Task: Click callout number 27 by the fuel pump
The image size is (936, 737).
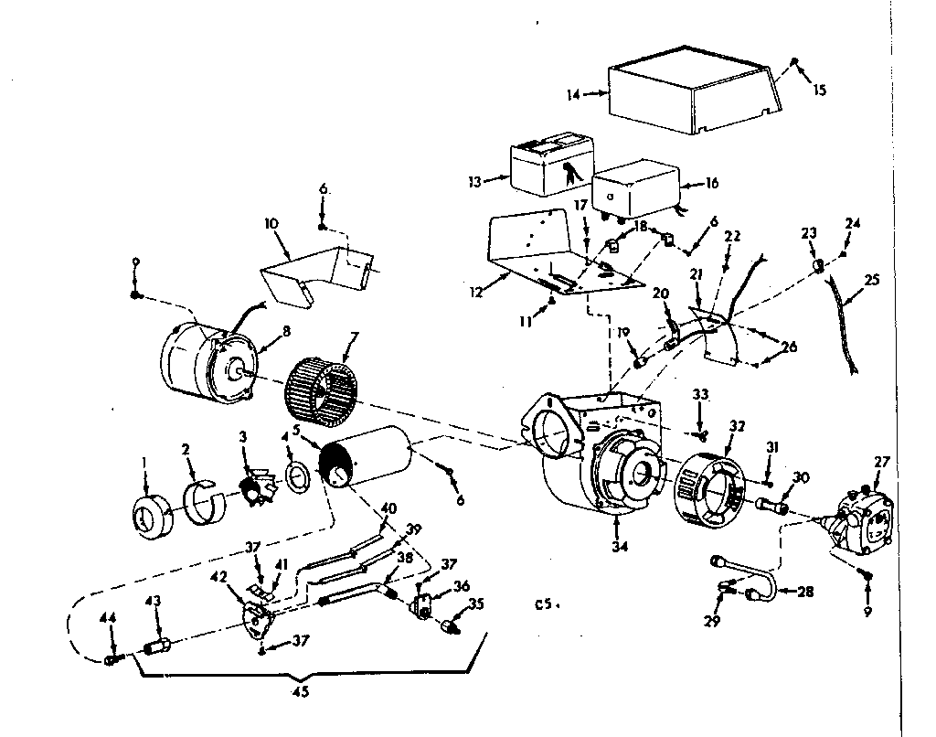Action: click(881, 462)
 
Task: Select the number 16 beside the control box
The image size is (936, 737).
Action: click(712, 183)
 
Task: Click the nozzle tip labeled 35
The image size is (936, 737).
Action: click(450, 627)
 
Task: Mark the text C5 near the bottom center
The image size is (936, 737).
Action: click(546, 604)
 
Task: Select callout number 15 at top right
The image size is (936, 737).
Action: click(819, 90)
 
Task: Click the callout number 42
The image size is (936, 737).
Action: click(218, 577)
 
